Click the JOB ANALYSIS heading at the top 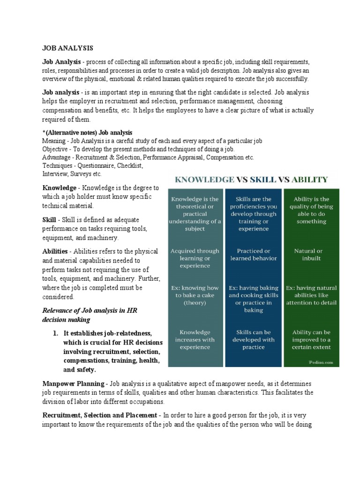pos(67,48)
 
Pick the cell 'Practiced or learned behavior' pos(254,254)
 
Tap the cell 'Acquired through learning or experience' pos(194,258)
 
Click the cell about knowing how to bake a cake pos(194,295)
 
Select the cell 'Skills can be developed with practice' pos(254,339)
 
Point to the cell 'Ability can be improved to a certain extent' pos(311,339)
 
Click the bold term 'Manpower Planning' pos(72,383)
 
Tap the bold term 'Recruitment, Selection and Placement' pos(100,415)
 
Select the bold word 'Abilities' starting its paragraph pos(56,252)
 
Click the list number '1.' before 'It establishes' pos(55,333)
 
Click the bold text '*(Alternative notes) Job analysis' pos(87,133)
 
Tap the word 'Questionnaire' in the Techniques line pos(96,165)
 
